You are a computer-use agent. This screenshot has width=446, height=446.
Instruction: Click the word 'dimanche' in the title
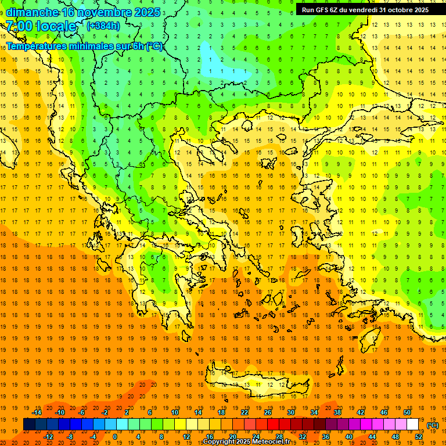point(32,12)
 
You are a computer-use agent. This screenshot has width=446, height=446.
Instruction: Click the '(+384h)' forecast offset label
point(103,26)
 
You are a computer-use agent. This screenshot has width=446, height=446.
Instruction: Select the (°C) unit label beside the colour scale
point(433,425)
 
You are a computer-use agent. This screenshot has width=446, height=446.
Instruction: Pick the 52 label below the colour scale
point(419,437)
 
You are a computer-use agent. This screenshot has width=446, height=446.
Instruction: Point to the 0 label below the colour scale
point(115,437)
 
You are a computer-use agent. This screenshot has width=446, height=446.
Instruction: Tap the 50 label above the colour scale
point(407,412)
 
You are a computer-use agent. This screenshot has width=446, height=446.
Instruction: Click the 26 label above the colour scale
point(268,412)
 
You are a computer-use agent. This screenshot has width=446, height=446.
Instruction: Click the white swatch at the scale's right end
point(413,425)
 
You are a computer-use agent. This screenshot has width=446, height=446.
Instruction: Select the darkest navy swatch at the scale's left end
point(30,425)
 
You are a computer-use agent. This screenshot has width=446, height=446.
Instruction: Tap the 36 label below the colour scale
point(325,437)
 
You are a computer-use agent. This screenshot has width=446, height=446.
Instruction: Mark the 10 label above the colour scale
point(175,412)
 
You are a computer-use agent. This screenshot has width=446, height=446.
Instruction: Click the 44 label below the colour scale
point(372,437)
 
